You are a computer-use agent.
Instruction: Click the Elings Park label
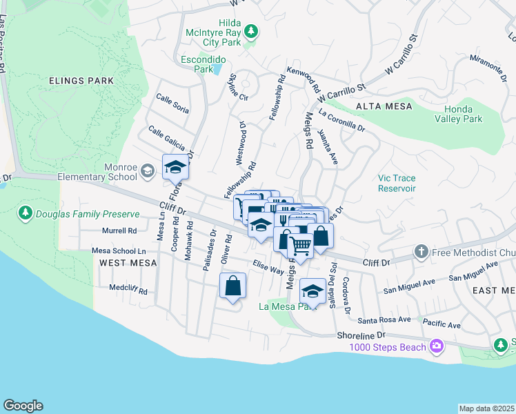pyautogui.click(x=81, y=81)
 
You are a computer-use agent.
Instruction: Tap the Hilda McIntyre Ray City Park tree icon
pyautogui.click(x=252, y=31)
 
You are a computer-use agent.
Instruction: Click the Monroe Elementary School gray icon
pyautogui.click(x=147, y=170)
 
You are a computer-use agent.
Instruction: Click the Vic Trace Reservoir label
pyautogui.click(x=397, y=183)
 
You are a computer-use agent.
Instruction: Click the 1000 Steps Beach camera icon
pyautogui.click(x=436, y=346)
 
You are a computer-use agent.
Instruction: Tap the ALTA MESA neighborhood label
pyautogui.click(x=384, y=106)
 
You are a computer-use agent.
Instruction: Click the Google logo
pyautogui.click(x=23, y=405)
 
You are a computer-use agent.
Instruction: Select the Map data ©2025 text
pyautogui.click(x=486, y=408)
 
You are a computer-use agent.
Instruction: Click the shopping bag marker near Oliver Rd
pyautogui.click(x=232, y=285)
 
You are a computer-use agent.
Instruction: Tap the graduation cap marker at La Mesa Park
pyautogui.click(x=312, y=290)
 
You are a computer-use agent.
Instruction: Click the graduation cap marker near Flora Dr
pyautogui.click(x=175, y=167)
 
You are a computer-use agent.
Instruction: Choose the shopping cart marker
pyautogui.click(x=300, y=245)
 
